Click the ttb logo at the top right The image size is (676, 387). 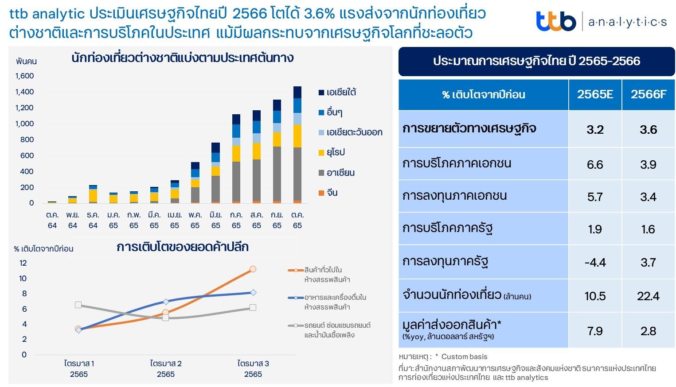[556, 21]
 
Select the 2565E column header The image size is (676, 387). [595, 94]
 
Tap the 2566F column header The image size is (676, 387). [648, 94]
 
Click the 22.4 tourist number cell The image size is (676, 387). [648, 296]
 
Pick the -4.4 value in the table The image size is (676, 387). [595, 263]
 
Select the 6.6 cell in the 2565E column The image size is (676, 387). [595, 165]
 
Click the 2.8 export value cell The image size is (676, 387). [648, 331]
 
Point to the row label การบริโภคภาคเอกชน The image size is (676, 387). [457, 163]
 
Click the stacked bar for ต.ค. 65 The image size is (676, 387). [297, 146]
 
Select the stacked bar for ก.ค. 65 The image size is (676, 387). [236, 159]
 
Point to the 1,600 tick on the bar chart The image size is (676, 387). [25, 76]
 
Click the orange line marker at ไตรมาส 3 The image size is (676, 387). [253, 269]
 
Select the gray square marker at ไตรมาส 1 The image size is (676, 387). [78, 305]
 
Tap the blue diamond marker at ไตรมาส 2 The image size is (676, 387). [166, 302]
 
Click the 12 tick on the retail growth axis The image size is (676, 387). [23, 263]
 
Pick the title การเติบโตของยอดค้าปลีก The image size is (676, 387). [182, 247]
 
